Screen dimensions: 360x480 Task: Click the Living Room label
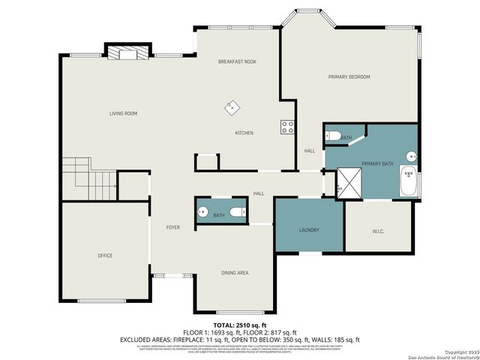(123, 114)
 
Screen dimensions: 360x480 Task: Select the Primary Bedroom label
(349, 76)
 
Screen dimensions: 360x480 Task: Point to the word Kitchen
(244, 133)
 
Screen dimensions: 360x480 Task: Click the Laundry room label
(309, 230)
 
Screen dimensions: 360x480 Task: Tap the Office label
(105, 256)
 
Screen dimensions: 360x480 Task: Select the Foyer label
(172, 226)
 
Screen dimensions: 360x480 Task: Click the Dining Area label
(234, 273)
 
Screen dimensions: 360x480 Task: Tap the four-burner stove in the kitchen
(286, 127)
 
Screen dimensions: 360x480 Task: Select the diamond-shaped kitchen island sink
(232, 107)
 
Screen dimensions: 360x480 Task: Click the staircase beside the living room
(89, 180)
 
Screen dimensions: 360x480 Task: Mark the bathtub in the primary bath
(409, 182)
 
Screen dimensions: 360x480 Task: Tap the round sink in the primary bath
(411, 156)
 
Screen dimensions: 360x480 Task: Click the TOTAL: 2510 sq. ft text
(239, 326)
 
